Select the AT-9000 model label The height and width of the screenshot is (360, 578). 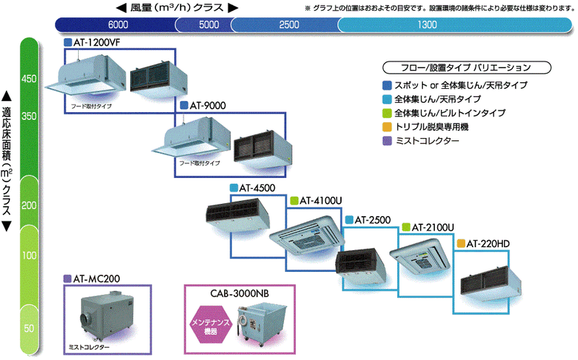click(207, 106)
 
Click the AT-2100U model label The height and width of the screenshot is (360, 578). click(432, 227)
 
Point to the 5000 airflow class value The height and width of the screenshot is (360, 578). click(209, 25)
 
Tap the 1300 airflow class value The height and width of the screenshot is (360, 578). click(427, 25)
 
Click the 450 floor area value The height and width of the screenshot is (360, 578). click(29, 78)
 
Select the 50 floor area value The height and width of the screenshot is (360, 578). click(29, 329)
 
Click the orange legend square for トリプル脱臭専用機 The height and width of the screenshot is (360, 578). click(388, 127)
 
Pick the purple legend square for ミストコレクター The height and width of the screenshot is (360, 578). click(388, 140)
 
